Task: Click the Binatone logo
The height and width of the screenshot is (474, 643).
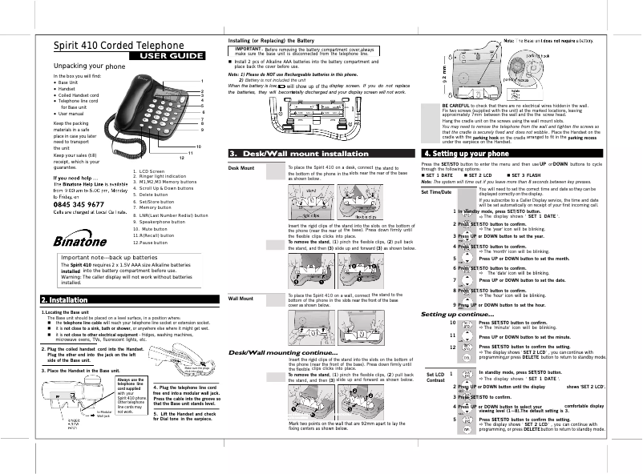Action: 83,219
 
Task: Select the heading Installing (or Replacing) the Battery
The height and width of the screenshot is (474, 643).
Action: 271,39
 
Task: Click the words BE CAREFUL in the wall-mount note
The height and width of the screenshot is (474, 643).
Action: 456,106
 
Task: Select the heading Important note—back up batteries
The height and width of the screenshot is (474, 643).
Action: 109,236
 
